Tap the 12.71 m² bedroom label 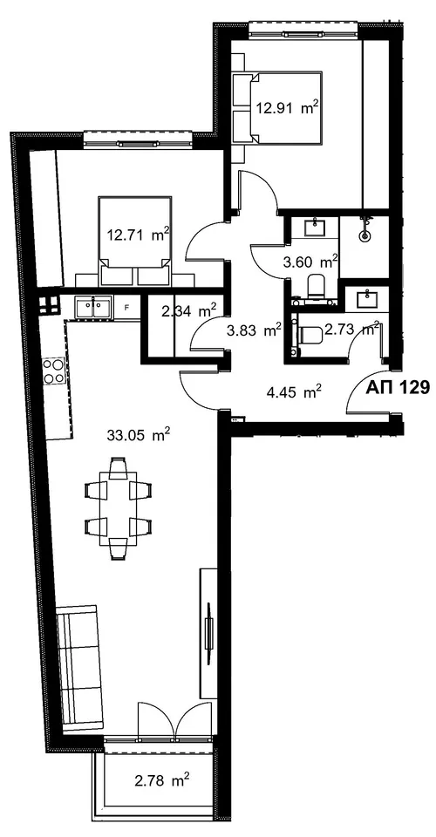click(x=139, y=235)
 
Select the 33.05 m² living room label click(x=139, y=436)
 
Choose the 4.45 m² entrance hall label click(x=294, y=393)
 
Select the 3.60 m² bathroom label click(x=310, y=262)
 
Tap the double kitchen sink click(x=94, y=309)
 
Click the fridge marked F click(x=126, y=308)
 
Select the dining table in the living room click(x=118, y=508)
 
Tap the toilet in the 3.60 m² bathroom click(x=316, y=287)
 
